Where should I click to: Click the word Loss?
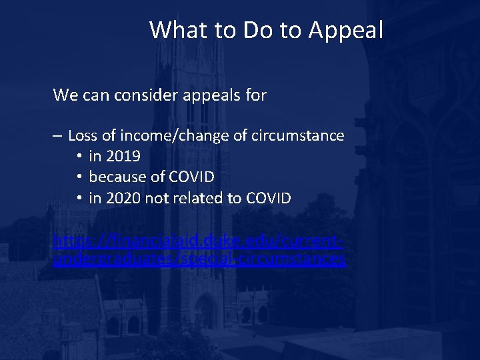click(83, 136)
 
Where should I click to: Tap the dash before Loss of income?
click(58, 136)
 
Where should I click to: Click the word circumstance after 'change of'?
click(297, 136)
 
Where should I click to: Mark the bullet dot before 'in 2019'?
click(79, 157)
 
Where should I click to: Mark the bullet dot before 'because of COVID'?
click(79, 177)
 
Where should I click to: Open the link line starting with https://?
click(198, 239)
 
